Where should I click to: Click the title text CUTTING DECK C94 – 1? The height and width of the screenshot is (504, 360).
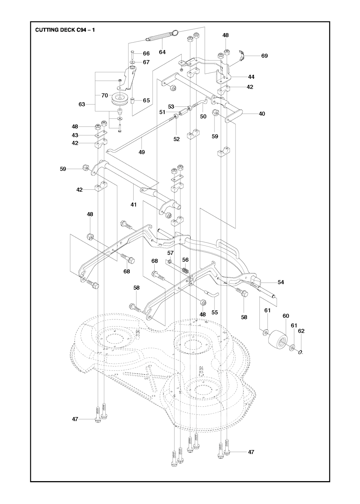[65, 30]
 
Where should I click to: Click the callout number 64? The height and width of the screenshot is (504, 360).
[162, 52]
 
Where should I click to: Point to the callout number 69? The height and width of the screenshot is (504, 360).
[264, 56]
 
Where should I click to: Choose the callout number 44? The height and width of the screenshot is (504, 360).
[251, 77]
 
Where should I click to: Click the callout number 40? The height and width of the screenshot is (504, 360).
[262, 114]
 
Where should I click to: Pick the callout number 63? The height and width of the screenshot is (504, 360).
[82, 104]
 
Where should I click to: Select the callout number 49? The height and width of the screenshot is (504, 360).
[142, 152]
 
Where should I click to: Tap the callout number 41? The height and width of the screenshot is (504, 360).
[134, 204]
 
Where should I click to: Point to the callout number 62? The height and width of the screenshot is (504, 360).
[301, 331]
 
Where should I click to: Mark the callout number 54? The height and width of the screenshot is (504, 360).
[281, 282]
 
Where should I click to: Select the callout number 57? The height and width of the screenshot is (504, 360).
[171, 253]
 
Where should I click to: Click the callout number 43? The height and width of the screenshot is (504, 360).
[75, 135]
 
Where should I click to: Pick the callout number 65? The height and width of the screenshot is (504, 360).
[146, 100]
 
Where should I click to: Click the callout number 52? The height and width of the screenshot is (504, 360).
[176, 139]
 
